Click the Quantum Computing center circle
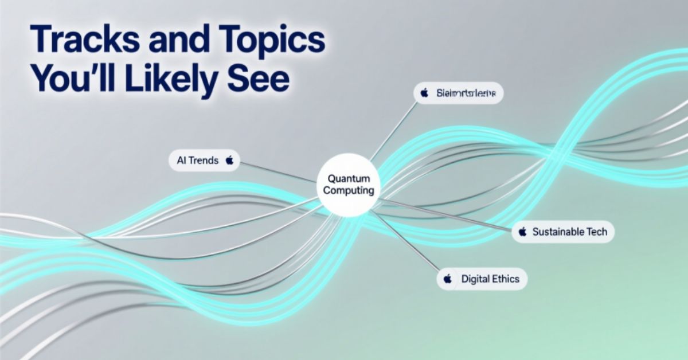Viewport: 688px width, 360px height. point(348,185)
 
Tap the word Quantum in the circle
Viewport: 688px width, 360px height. point(348,179)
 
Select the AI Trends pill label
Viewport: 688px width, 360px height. point(204,161)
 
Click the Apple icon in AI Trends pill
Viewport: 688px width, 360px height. point(229,161)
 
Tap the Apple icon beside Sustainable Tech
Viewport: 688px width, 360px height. point(522,232)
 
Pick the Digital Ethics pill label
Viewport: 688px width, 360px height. point(482,279)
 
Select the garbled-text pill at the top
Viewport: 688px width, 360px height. point(458,93)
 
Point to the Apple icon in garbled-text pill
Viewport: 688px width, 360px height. point(424,93)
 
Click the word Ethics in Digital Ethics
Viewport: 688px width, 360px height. point(506,279)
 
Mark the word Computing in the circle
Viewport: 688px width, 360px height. point(348,191)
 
